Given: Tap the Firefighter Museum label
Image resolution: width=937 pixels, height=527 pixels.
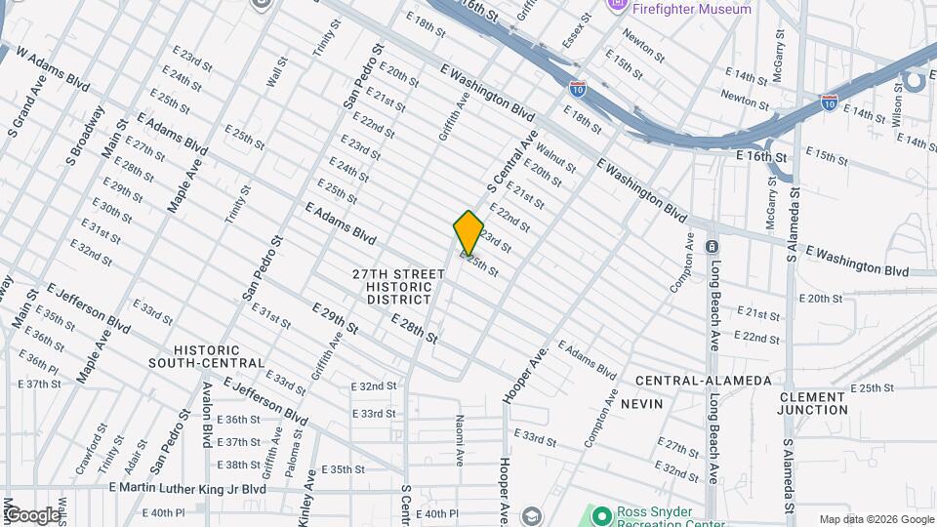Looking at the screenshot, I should coord(692,9).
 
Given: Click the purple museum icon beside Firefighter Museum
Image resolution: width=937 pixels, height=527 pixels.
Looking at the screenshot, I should coord(617,6).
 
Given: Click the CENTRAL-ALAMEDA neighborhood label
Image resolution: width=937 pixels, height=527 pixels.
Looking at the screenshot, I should coord(703,381).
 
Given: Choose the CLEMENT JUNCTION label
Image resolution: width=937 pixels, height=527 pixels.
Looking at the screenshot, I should coord(812,403).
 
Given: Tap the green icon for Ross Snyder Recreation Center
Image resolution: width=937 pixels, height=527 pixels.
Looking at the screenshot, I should coord(599,514).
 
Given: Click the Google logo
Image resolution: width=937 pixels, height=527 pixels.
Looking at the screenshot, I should coord(32,515).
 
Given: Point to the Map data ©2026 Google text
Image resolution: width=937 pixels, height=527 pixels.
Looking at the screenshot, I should coord(875,519).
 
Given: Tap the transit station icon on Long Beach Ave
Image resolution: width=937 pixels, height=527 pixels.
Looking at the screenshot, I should coord(713,247).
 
